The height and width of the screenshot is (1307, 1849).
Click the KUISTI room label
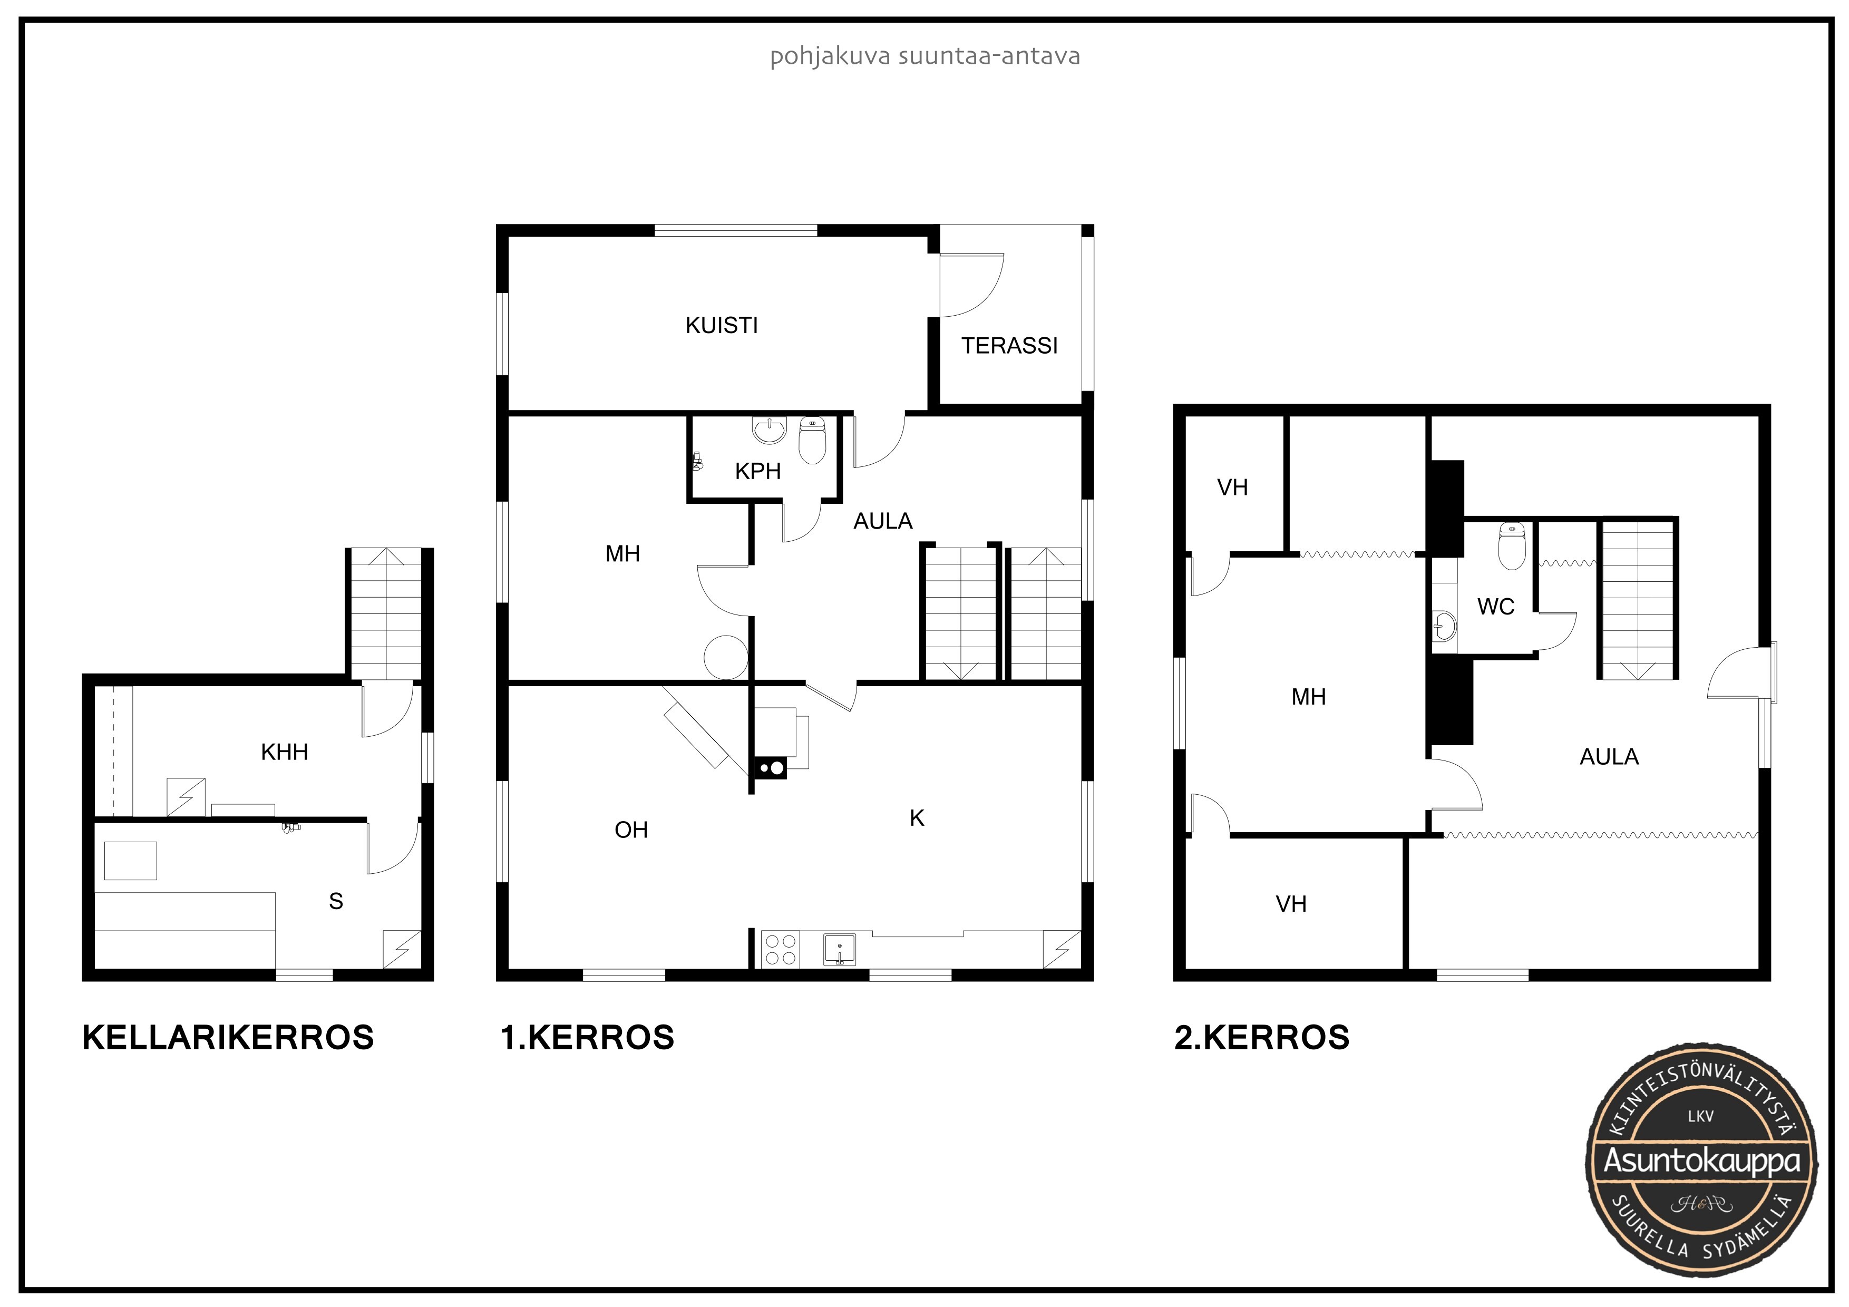pos(722,325)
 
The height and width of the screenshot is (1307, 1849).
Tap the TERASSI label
pos(1009,346)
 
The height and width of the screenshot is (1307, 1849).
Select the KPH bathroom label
pos(758,471)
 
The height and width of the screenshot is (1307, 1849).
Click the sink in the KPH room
pos(769,430)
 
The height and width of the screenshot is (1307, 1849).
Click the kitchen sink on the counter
pos(839,950)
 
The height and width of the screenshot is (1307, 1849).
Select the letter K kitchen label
pos(917,818)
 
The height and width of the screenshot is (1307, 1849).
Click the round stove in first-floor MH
pos(726,658)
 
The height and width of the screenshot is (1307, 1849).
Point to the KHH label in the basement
pos(284,752)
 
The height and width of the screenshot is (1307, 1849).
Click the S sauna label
pos(336,901)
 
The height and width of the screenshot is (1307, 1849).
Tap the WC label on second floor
pos(1495,607)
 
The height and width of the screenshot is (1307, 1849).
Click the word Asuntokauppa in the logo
pos(1701,1161)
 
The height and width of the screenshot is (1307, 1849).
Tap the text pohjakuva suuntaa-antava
pos(925,57)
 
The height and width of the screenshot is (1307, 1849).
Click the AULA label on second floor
pos(1609,757)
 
